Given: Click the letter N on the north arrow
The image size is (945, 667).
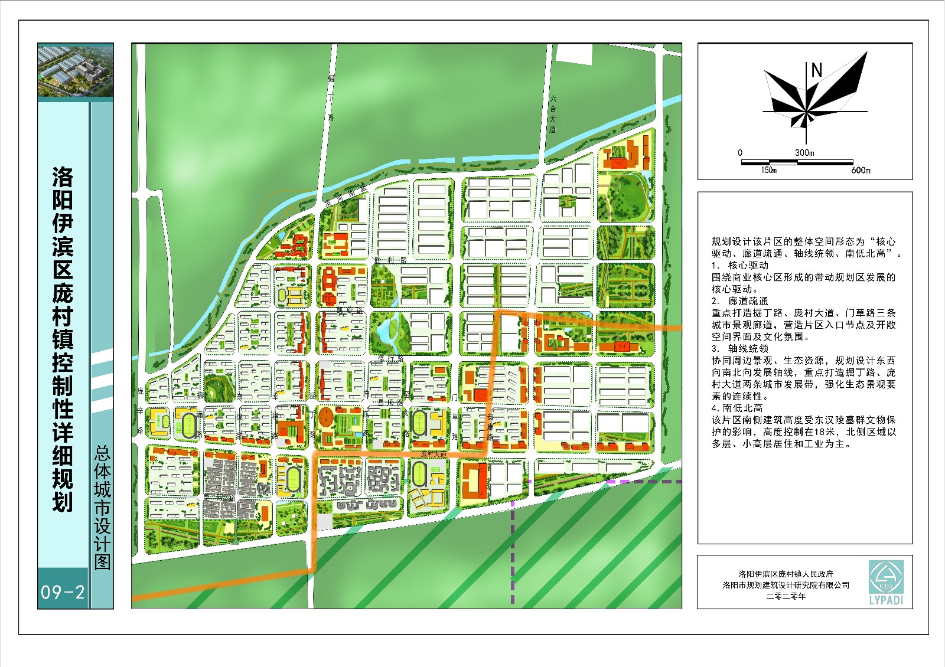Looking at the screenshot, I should click(817, 71).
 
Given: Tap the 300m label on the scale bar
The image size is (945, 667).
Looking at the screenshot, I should click(804, 152).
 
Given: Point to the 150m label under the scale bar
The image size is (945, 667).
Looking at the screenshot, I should click(768, 171).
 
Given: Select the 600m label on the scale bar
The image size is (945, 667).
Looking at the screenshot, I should click(861, 171).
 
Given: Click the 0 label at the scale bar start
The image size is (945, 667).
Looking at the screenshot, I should click(740, 153).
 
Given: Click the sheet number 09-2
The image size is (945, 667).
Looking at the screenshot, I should click(63, 591).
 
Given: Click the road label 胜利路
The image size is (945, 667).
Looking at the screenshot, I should click(390, 260).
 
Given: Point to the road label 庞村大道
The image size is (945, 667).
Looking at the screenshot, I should click(434, 455).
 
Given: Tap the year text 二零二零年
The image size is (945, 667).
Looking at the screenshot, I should click(786, 597).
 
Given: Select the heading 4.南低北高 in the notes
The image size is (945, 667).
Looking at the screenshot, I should click(737, 408).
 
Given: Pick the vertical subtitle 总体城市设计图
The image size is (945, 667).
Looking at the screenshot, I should click(102, 508).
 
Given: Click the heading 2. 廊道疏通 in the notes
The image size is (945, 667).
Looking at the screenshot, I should click(740, 301).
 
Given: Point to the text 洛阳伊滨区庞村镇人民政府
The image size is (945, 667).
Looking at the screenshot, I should click(786, 574).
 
